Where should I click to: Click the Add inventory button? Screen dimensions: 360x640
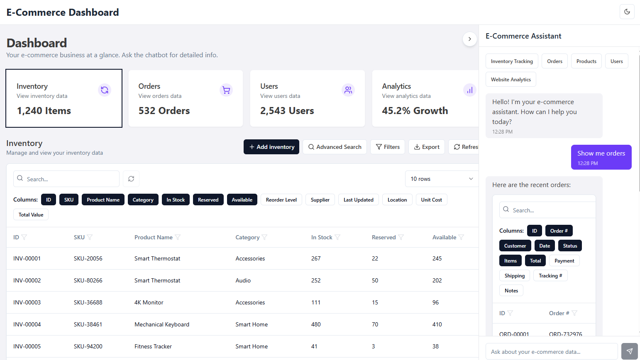(x=271, y=147)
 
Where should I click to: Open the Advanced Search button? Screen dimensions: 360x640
(x=335, y=147)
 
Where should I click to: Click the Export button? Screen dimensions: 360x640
(x=427, y=147)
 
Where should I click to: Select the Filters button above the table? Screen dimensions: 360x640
(x=387, y=147)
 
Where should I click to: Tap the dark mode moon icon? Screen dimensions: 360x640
(x=627, y=12)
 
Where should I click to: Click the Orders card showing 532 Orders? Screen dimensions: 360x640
(x=186, y=98)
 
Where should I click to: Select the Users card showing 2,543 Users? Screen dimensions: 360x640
(x=307, y=98)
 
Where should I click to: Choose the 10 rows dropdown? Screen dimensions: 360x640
(x=442, y=179)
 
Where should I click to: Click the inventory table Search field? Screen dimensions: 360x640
(x=66, y=179)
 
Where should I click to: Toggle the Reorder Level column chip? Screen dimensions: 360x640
(x=281, y=200)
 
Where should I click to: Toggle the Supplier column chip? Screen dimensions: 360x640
(x=320, y=200)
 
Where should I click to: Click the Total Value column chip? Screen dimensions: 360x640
(x=31, y=215)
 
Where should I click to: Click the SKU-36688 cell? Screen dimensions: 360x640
(x=88, y=302)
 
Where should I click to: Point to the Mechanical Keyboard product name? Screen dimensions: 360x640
(x=162, y=324)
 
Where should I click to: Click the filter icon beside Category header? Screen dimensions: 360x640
(x=264, y=237)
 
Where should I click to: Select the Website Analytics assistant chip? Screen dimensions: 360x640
(x=511, y=80)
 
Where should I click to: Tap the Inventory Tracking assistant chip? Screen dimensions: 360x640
(x=512, y=61)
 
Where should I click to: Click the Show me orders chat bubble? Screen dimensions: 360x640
(x=601, y=157)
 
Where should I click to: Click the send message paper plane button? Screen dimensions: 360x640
(x=629, y=351)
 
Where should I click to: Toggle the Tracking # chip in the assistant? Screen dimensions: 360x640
(x=550, y=276)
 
